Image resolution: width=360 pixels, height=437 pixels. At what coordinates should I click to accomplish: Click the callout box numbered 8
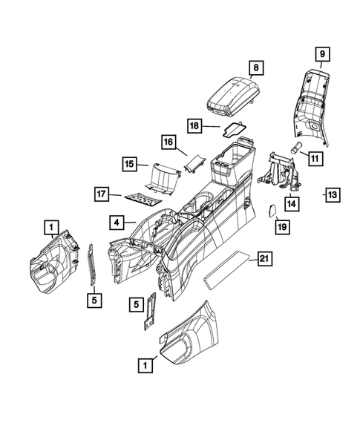tap(256, 68)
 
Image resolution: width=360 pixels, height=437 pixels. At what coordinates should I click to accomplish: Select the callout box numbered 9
tap(322, 54)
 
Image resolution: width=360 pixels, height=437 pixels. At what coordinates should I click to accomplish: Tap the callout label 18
tap(194, 126)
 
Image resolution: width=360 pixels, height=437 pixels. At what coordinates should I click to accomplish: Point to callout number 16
tap(168, 142)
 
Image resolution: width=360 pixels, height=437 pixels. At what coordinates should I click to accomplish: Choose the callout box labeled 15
tap(129, 164)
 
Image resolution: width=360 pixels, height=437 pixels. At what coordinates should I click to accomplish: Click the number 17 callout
tap(101, 194)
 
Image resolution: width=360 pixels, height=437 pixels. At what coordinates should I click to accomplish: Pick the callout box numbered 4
tap(117, 223)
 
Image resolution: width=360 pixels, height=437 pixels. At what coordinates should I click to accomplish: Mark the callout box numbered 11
tap(315, 159)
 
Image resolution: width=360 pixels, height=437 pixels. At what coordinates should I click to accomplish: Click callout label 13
tap(333, 195)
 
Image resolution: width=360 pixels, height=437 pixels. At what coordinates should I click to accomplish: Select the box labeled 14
tap(292, 204)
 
